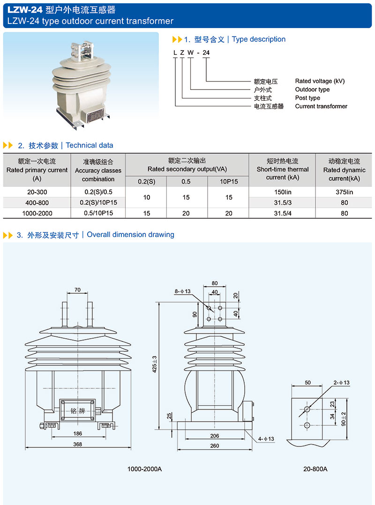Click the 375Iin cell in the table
pyautogui.click(x=344, y=192)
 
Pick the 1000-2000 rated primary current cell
pyautogui.click(x=37, y=213)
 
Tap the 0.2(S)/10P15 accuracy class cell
pyautogui.click(x=98, y=202)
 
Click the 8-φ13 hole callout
pyautogui.click(x=182, y=291)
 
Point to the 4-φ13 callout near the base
pyautogui.click(x=266, y=438)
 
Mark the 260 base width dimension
pyautogui.click(x=214, y=446)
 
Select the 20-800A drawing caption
pyautogui.click(x=315, y=469)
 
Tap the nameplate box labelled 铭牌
pyautogui.click(x=77, y=410)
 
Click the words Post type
pyautogui.click(x=307, y=98)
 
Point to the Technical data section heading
pyautogui.click(x=89, y=145)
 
